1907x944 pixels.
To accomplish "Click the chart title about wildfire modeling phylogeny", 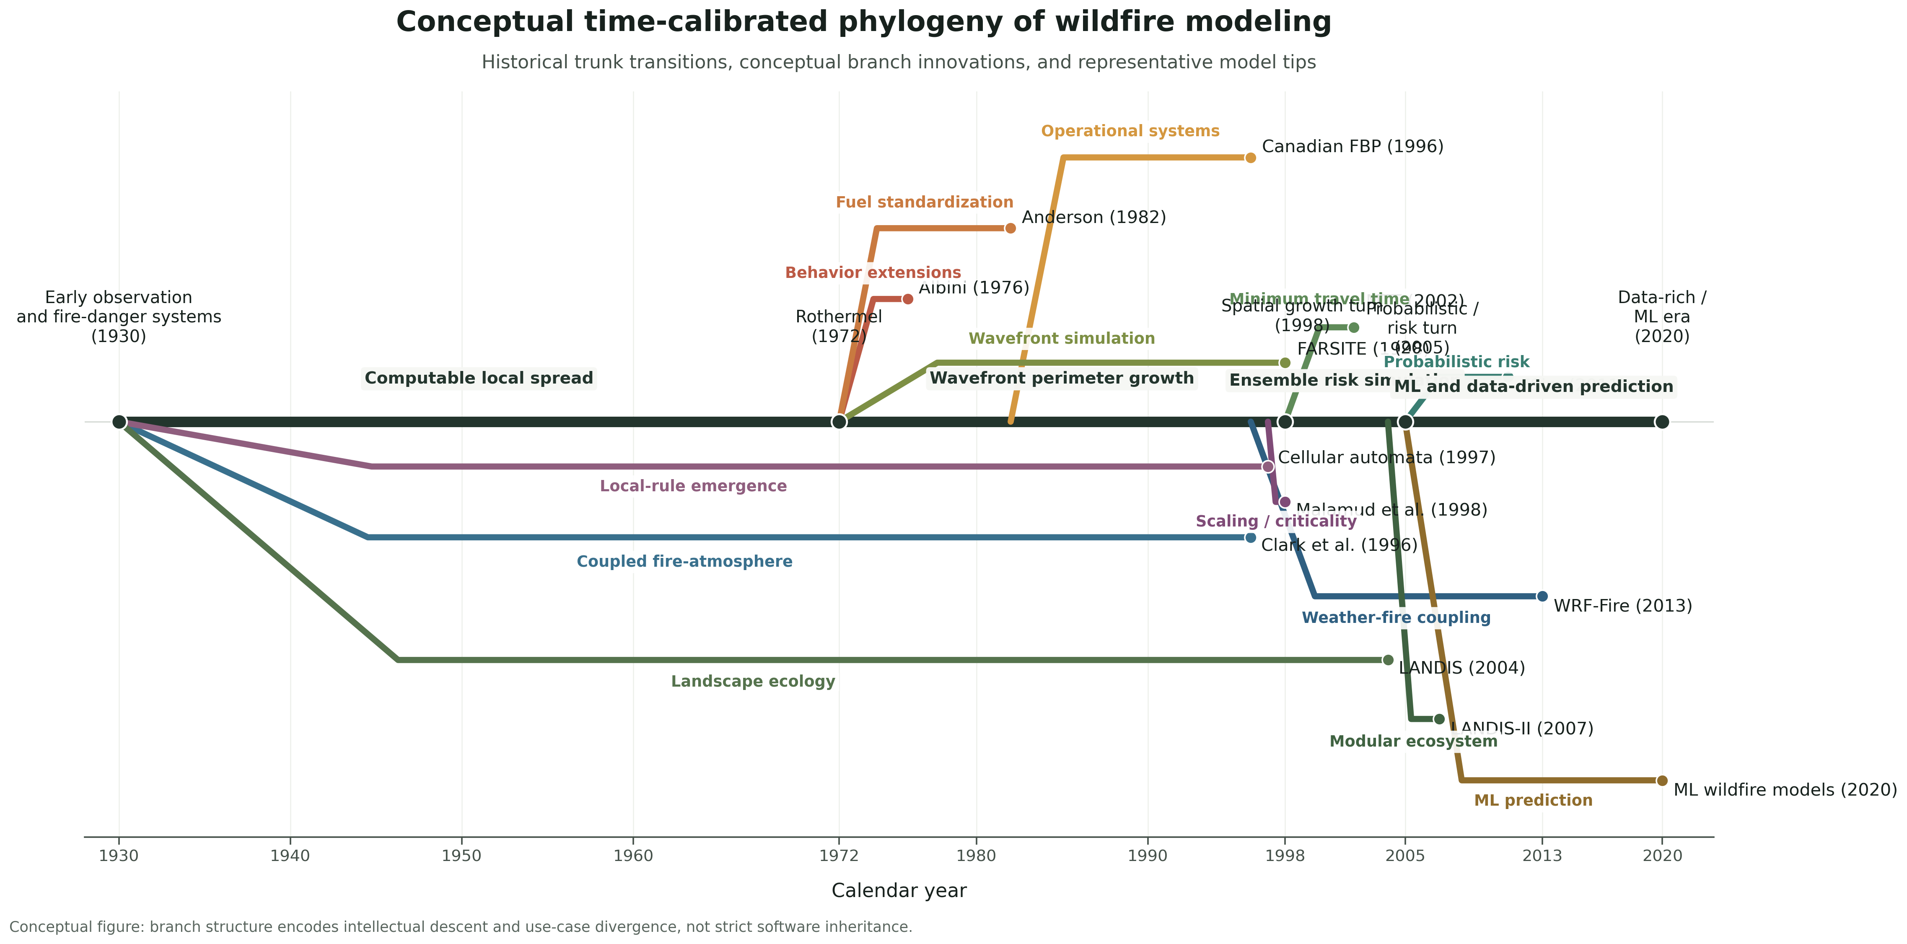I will pos(863,22).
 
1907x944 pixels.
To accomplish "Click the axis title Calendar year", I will pos(899,891).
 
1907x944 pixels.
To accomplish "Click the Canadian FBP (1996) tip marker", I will pos(1250,158).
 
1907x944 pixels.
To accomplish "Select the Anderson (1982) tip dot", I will pos(1011,228).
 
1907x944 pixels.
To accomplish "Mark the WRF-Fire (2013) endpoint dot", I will pos(1542,596).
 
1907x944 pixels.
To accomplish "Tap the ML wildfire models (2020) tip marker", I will pos(1662,781).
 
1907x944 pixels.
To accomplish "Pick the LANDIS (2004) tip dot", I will pos(1388,660).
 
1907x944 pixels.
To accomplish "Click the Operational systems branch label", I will pos(1130,132).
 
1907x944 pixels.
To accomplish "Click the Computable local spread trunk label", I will pos(479,379).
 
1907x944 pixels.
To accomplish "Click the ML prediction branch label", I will pos(1533,800).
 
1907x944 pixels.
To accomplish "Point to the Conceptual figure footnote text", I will pos(461,927).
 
